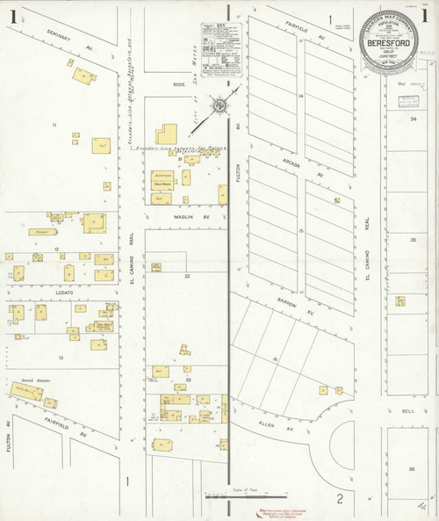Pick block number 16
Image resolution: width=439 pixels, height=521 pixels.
[275, 360]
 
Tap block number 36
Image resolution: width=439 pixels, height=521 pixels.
[411, 469]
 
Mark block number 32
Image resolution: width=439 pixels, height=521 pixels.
[187, 276]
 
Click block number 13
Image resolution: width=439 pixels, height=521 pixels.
[61, 358]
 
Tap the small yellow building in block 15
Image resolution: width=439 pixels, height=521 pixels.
[336, 200]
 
